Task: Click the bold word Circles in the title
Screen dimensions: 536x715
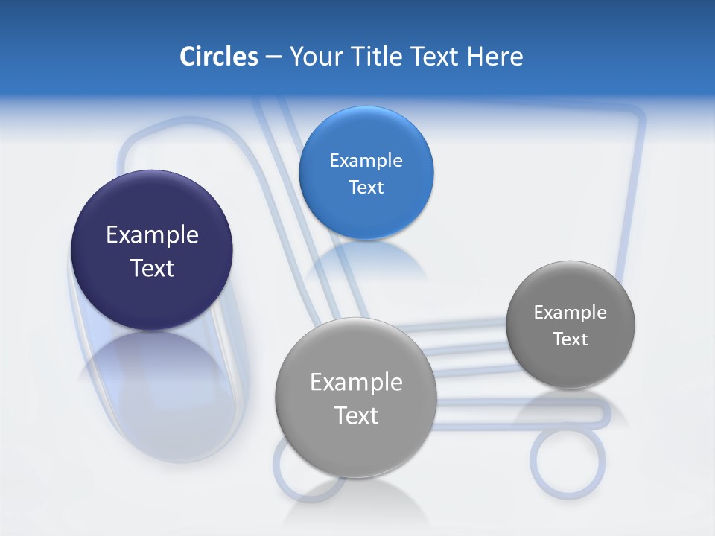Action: (x=219, y=57)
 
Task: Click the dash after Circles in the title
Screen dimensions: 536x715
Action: (x=273, y=57)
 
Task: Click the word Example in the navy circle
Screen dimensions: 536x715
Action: (x=152, y=235)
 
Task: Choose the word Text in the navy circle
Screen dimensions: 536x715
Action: (x=152, y=268)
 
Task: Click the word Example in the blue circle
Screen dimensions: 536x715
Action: (x=366, y=161)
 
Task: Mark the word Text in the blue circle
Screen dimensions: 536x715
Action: (x=366, y=187)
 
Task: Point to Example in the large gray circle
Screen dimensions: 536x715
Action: (x=356, y=383)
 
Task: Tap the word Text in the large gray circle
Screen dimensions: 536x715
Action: (x=356, y=415)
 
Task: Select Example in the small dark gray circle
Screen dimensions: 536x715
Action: (x=570, y=313)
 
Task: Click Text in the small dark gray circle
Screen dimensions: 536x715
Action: (x=570, y=339)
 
